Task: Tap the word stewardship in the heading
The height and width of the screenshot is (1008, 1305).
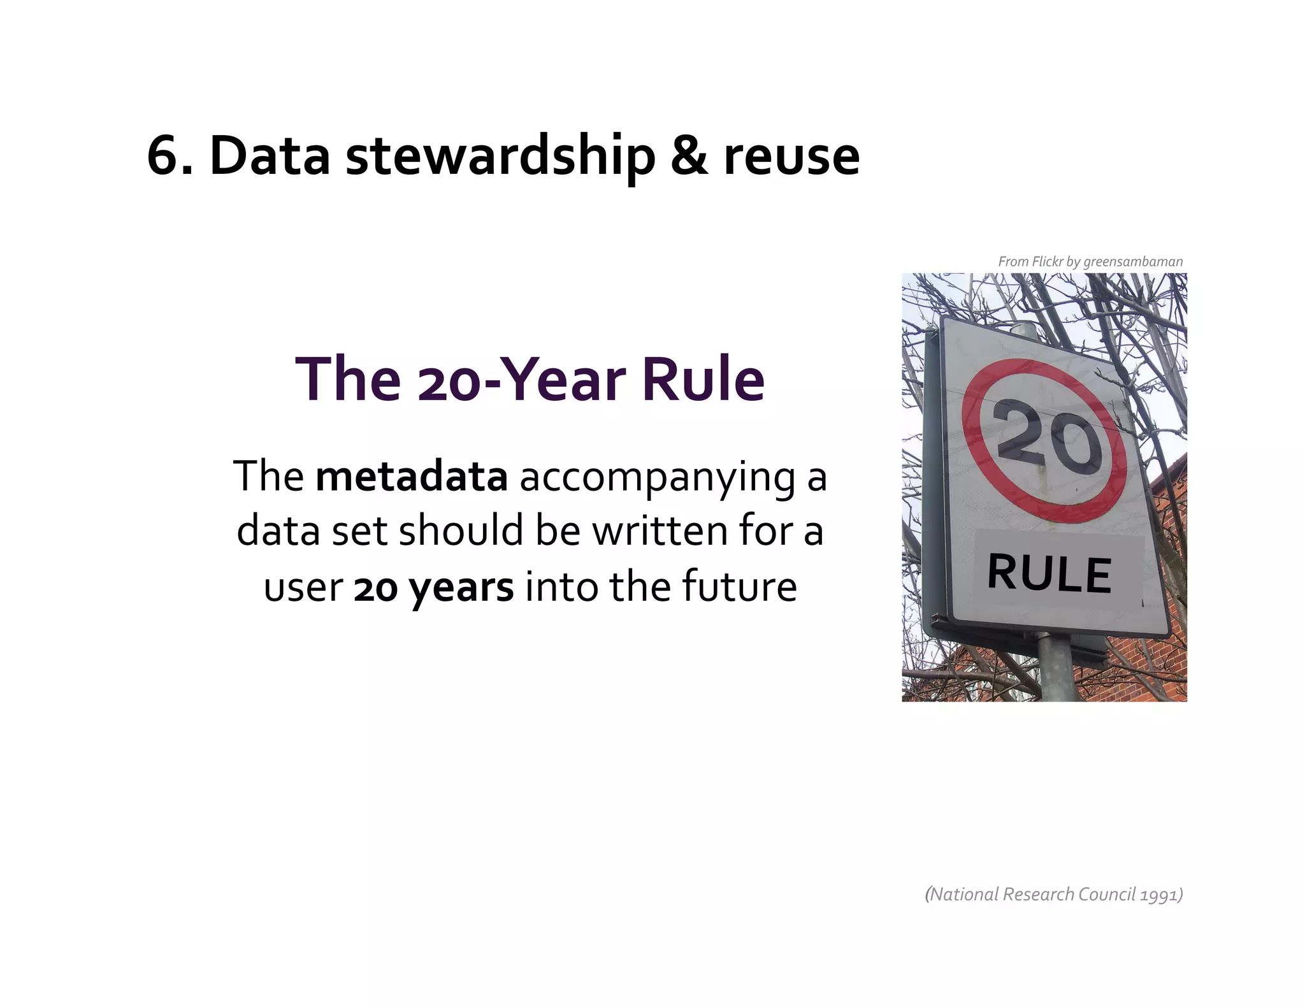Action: click(500, 156)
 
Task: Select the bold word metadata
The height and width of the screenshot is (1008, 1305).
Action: click(411, 477)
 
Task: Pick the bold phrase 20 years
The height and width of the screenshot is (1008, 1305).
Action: click(433, 587)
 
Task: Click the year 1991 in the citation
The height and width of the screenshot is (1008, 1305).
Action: click(1160, 895)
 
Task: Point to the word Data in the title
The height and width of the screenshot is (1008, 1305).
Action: click(270, 156)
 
